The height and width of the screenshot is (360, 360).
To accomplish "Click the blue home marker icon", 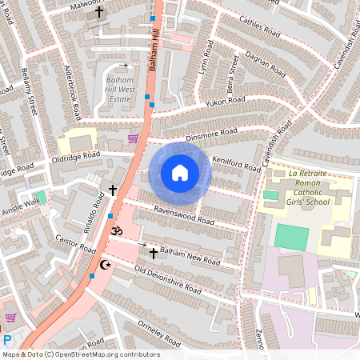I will pyautogui.click(x=180, y=173).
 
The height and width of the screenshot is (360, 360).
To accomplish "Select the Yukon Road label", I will pyautogui.click(x=226, y=102).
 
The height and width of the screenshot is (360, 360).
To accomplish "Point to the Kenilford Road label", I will pyautogui.click(x=237, y=164).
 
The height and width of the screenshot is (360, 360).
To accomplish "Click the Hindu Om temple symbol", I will pyautogui.click(x=117, y=230).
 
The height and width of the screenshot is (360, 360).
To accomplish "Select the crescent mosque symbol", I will pyautogui.click(x=104, y=265).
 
